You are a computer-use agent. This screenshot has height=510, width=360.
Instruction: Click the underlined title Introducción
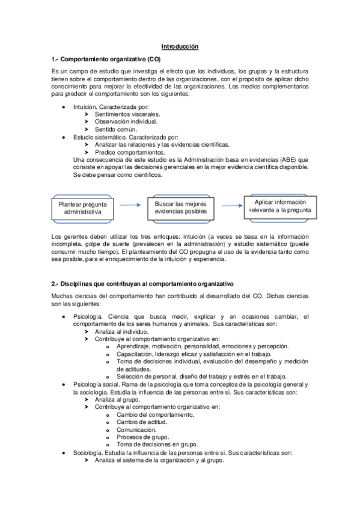180,46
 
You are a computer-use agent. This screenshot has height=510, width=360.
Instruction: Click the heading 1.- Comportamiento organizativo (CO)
106,60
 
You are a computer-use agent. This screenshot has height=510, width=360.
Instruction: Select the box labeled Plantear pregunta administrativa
83,208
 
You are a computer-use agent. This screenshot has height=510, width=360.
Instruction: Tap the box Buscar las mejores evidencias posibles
180,207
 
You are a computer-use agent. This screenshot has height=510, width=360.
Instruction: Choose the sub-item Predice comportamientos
126,152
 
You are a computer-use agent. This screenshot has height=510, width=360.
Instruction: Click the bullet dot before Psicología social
64,384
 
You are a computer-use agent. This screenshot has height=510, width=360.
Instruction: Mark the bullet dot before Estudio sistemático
64,137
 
